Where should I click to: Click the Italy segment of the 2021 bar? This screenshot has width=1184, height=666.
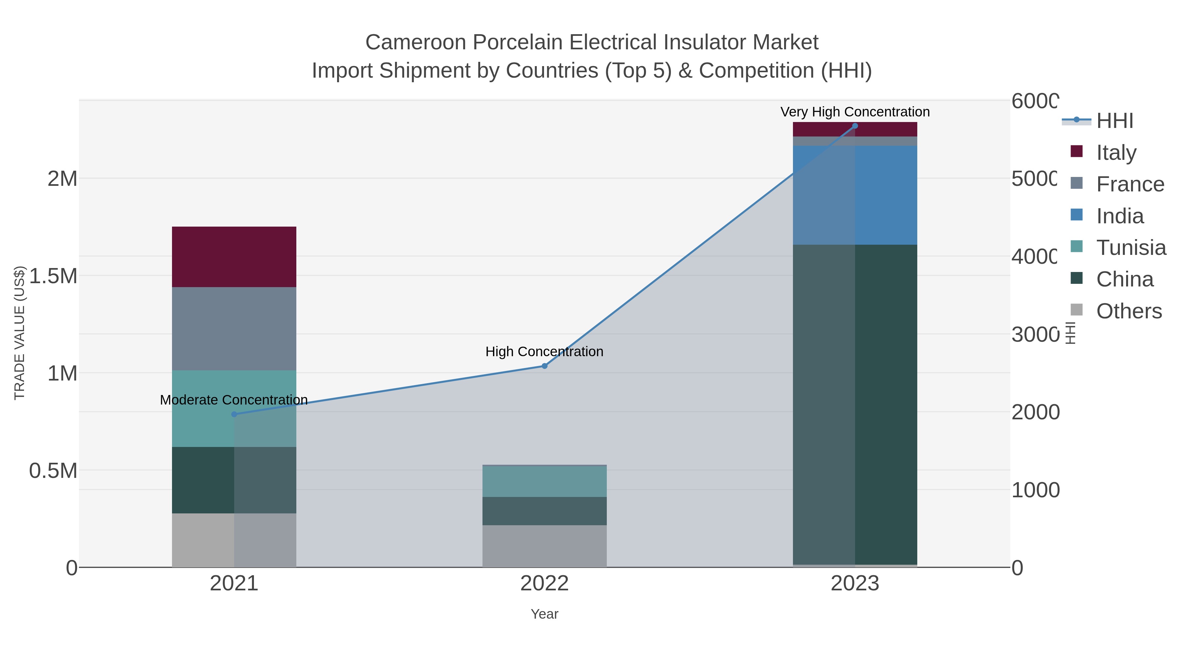(x=234, y=257)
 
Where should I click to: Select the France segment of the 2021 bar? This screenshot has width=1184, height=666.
(x=234, y=329)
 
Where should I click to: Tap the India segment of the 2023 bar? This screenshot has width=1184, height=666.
(x=855, y=195)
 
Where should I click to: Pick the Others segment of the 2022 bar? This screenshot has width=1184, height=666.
(x=544, y=546)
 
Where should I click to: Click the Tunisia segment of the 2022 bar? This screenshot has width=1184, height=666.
(x=544, y=481)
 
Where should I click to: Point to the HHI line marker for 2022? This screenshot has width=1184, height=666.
(x=544, y=366)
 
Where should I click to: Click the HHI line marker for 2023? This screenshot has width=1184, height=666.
(x=855, y=126)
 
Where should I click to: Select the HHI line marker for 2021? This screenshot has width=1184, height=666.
(x=234, y=414)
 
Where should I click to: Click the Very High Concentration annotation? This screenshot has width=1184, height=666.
(x=855, y=112)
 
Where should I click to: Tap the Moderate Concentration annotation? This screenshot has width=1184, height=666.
(x=234, y=400)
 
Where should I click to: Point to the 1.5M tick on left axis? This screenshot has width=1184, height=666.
(x=53, y=276)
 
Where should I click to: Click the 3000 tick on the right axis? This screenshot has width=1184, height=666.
(x=1034, y=334)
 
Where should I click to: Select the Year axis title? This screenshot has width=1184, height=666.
(x=544, y=614)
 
